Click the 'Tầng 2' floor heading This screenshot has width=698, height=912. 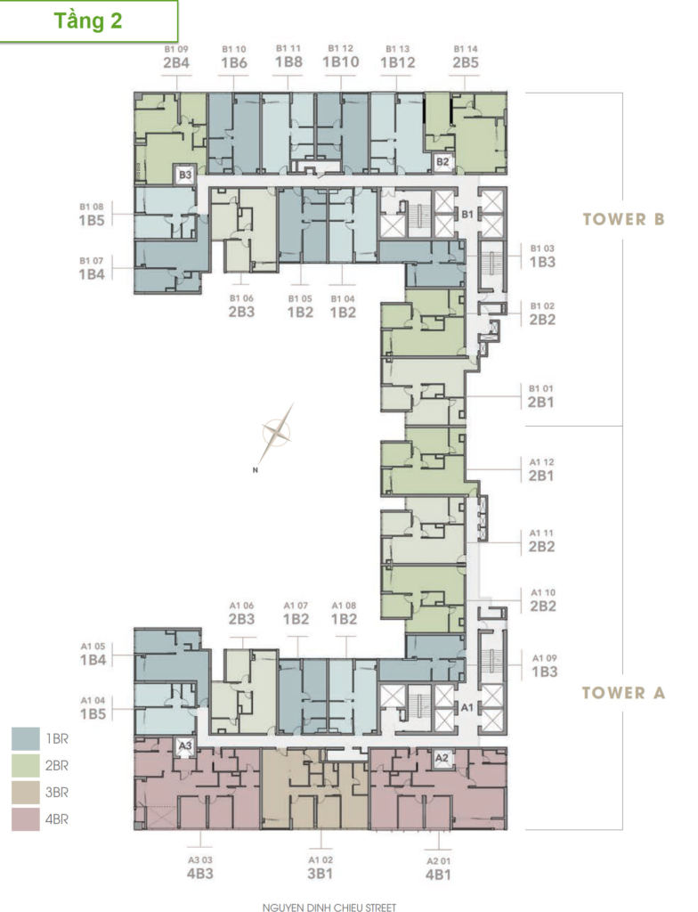click(x=88, y=21)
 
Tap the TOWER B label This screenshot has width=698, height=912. click(x=623, y=219)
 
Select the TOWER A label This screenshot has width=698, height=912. click(x=623, y=693)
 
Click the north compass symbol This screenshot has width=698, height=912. click(x=276, y=433)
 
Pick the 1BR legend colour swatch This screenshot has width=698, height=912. click(x=26, y=738)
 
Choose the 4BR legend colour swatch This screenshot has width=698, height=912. click(x=26, y=819)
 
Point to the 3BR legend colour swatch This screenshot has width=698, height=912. click(x=26, y=792)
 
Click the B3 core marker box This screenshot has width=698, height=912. click(x=185, y=175)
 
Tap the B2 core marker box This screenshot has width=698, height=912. click(x=442, y=162)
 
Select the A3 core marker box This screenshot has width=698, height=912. click(x=185, y=745)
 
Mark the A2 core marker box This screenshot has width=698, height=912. click(x=442, y=758)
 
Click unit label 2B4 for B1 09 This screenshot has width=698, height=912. click(x=176, y=63)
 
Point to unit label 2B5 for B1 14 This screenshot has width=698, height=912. click(x=466, y=63)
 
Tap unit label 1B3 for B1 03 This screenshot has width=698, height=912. click(x=543, y=263)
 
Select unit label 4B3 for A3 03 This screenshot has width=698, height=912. click(x=199, y=873)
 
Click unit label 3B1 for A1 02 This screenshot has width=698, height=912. click(x=320, y=874)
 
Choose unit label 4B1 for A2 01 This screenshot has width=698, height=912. click(x=438, y=875)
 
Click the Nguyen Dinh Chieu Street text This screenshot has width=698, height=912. click(x=329, y=908)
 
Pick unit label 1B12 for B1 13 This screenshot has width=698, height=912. click(x=398, y=63)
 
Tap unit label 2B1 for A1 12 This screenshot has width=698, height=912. click(x=541, y=476)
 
